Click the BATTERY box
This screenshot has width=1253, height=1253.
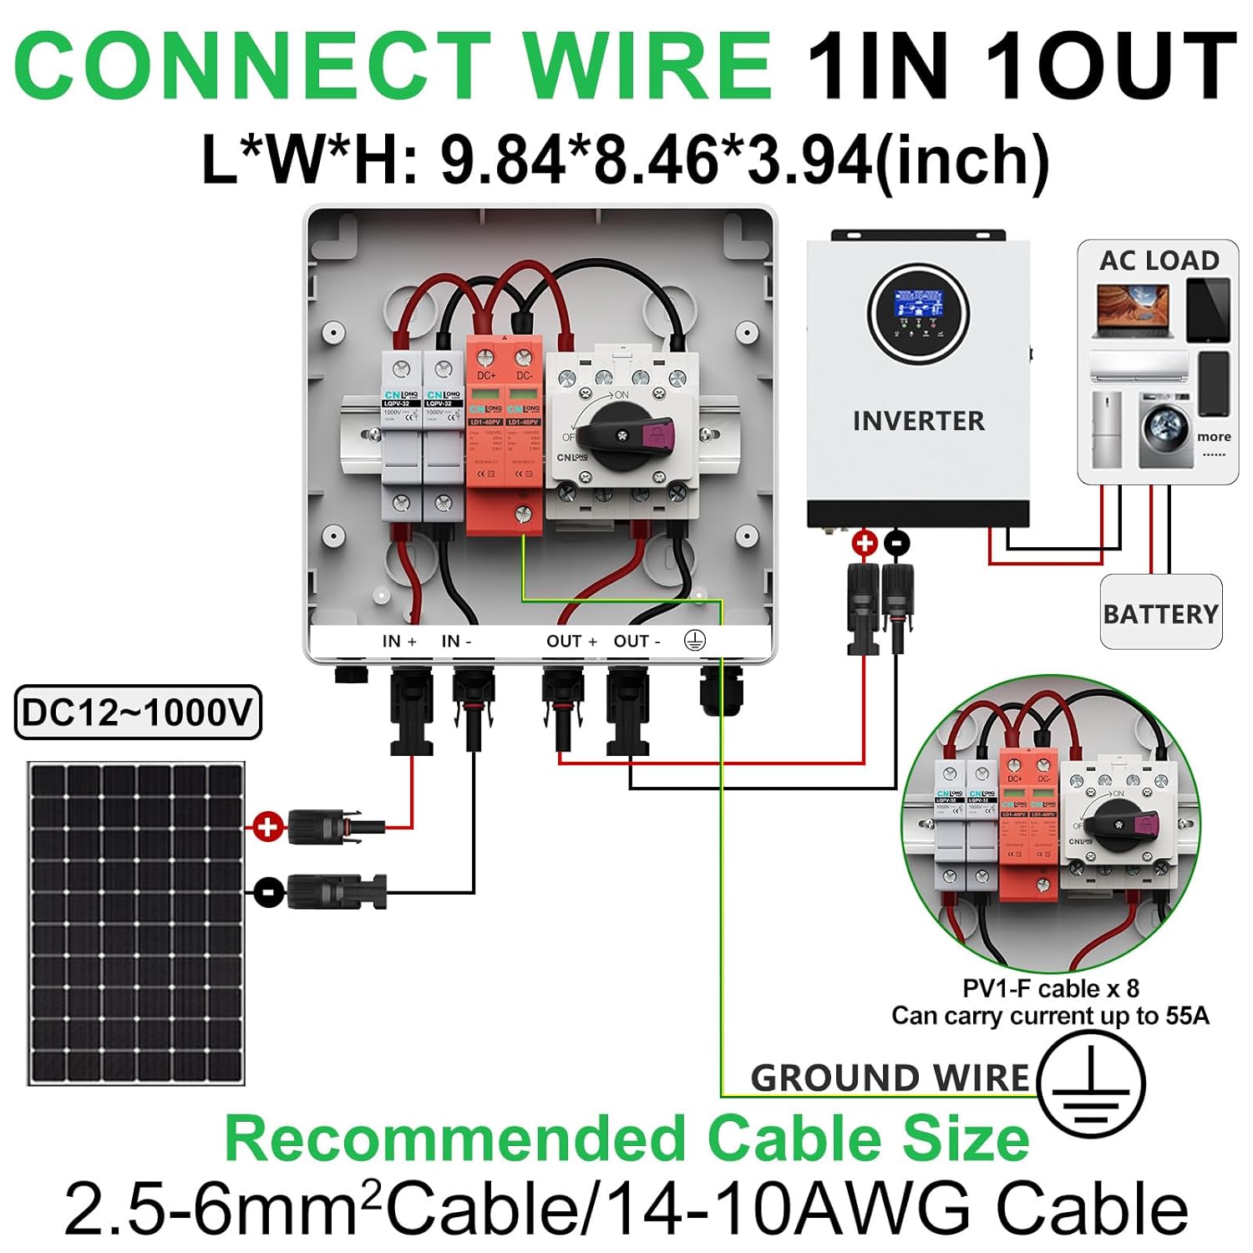click(1160, 613)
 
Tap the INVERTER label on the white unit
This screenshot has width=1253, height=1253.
click(918, 421)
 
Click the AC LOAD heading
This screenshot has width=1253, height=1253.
click(1159, 261)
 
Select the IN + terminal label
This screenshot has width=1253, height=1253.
click(399, 642)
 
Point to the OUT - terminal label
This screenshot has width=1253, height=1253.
click(637, 642)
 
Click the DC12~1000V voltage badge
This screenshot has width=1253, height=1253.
click(138, 713)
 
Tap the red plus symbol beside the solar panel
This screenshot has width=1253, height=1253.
click(267, 827)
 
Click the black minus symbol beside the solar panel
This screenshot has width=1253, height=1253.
click(267, 892)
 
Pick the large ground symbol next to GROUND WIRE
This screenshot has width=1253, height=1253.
click(1090, 1083)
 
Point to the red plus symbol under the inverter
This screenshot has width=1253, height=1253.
click(865, 543)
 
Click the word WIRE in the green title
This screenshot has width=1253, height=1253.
click(647, 67)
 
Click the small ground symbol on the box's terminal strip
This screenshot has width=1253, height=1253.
click(695, 641)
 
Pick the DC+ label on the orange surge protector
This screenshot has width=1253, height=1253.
click(487, 375)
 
